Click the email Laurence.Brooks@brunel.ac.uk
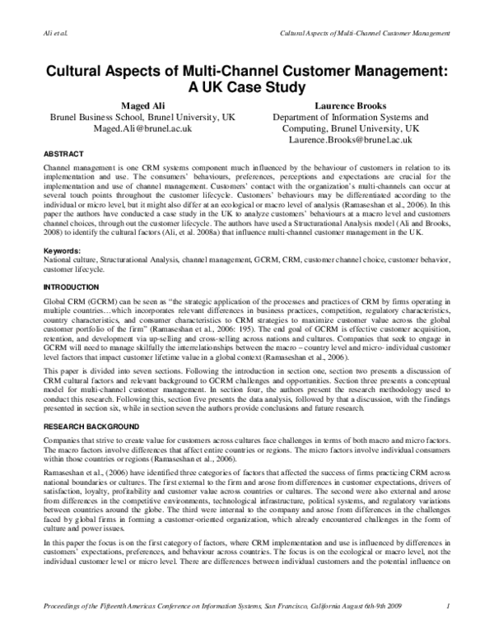click(351, 142)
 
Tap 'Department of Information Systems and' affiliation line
click(351, 118)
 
